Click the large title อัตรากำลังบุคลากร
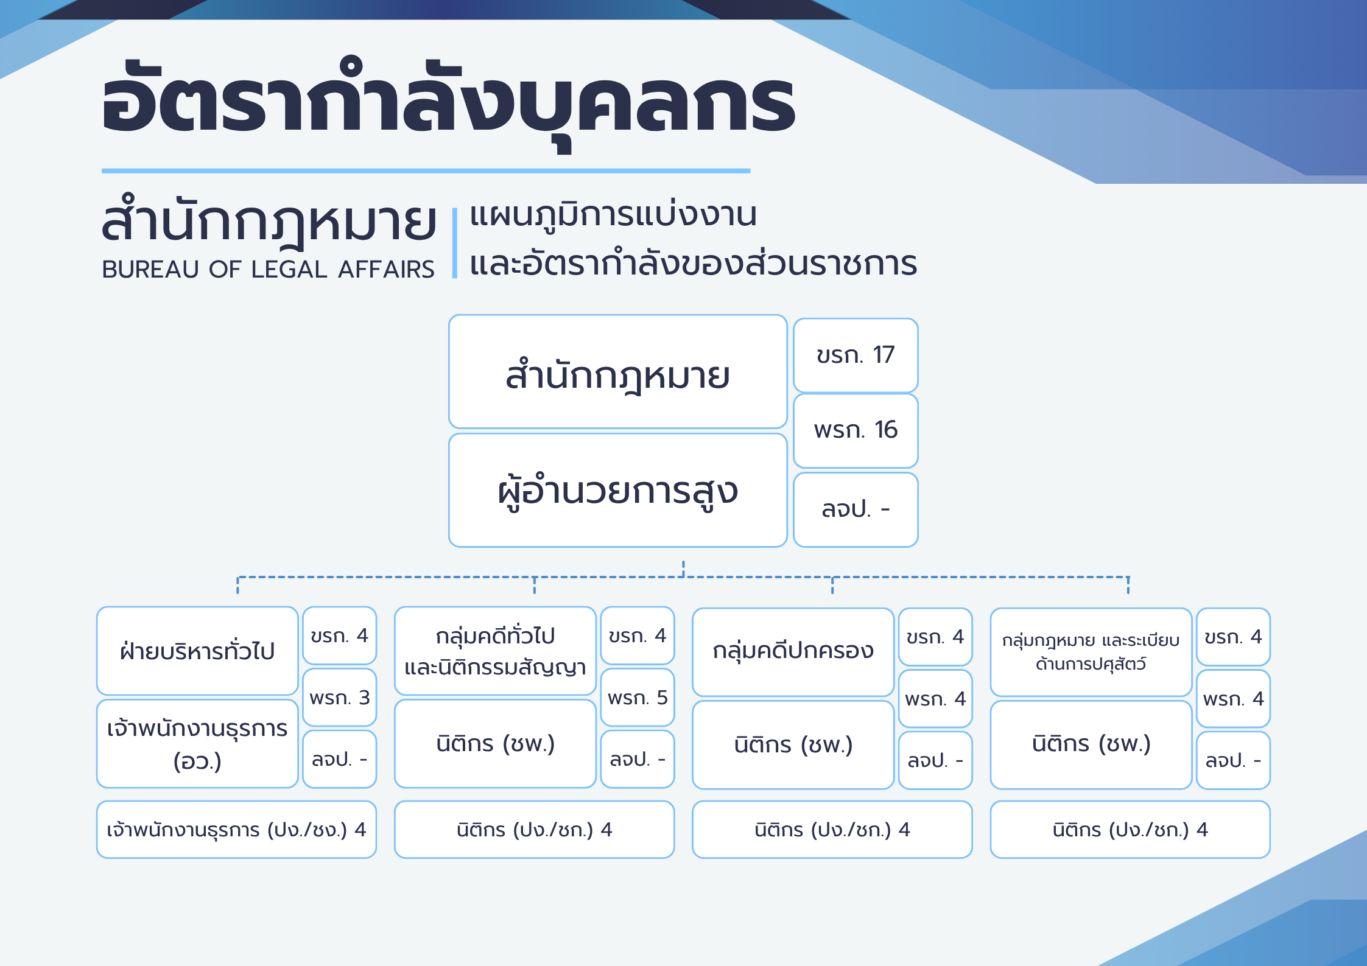(x=449, y=103)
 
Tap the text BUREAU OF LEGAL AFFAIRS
(x=268, y=269)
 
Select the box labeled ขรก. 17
(x=856, y=355)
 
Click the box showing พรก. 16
(x=856, y=430)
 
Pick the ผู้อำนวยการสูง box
(x=618, y=490)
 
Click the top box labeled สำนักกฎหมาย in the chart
(x=618, y=371)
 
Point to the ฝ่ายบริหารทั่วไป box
(x=197, y=651)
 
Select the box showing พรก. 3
(x=340, y=698)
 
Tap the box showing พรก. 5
(x=638, y=698)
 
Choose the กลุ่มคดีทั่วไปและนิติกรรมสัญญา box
(x=495, y=651)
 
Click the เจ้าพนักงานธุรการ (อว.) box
(x=197, y=744)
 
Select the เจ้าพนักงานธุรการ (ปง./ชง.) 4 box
(x=236, y=830)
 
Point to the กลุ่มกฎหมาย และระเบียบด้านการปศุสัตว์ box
(x=1091, y=652)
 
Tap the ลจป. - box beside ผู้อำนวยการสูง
(x=856, y=509)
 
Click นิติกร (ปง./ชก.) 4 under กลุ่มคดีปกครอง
(x=832, y=830)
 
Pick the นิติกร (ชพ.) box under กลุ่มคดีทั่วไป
(x=495, y=744)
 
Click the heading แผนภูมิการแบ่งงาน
(x=613, y=214)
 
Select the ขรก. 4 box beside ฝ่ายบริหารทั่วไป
(x=340, y=635)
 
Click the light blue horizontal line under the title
(x=426, y=171)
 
